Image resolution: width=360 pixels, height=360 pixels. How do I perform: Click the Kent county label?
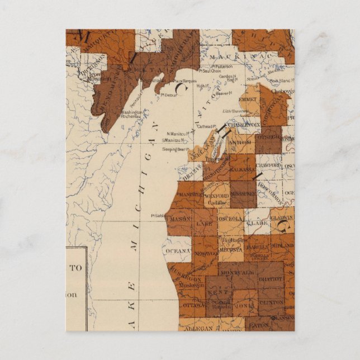tap(221, 292)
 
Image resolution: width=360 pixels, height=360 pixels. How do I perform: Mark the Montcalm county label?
tap(233, 272)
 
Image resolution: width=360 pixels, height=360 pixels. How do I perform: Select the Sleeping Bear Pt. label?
tap(174, 149)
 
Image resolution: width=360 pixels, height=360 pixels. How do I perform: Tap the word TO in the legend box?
tap(75, 268)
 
